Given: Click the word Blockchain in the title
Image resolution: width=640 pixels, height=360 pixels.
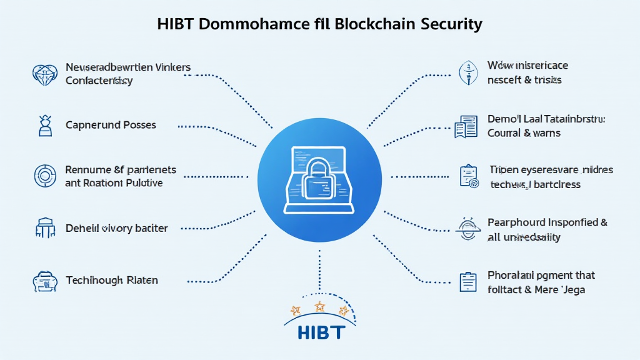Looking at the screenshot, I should pos(374,24).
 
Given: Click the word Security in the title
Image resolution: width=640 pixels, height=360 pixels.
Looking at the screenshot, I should pos(450,24).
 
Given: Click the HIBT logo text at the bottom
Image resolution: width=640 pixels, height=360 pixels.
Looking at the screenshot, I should pos(321,331).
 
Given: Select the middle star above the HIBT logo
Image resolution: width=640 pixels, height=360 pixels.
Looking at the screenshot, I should pos(319,306).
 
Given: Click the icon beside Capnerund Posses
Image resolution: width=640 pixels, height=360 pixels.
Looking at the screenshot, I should pos(44,126).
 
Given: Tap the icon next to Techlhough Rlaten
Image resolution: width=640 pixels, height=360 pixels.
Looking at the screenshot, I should pos(44,281).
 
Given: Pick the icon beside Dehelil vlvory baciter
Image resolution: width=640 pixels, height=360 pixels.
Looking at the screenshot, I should pos(44,229).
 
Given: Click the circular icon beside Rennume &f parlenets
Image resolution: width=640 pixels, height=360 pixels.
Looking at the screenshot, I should pos(44,176).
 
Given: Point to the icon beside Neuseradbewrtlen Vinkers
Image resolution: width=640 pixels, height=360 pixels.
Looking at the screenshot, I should pos(44,74).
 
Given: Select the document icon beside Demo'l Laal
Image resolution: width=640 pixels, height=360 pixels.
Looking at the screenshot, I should pos(466,127).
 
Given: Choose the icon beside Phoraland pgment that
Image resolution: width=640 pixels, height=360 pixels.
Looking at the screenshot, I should pos(467,282).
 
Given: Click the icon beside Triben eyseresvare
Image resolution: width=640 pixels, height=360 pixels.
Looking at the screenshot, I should pos(467,177).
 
